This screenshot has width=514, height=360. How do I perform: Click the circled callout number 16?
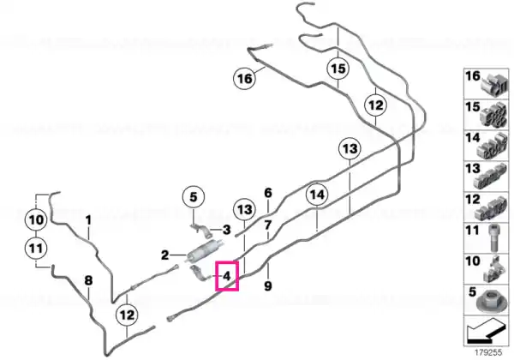pos(244,78)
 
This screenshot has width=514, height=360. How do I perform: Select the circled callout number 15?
pos(338,69)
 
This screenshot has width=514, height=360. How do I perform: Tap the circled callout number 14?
pos(317,195)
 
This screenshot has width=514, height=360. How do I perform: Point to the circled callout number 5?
pos(194,197)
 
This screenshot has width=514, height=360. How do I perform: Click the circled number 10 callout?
pos(36,219)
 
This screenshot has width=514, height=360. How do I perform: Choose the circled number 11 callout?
pos(36,249)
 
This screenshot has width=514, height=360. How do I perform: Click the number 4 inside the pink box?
pos(227,276)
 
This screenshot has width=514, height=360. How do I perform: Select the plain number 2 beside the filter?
pos(164,255)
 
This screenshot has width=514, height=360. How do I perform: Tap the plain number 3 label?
pos(226,230)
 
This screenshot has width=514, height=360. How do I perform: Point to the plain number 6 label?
pos(268,193)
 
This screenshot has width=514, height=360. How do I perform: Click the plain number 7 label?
pos(268,225)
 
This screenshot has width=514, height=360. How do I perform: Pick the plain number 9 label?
pos(268,286)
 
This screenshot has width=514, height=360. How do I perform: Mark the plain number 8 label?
pos(88,280)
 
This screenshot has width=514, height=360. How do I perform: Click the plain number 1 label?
pos(88,220)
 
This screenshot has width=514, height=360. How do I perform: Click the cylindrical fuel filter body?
pos(204,251)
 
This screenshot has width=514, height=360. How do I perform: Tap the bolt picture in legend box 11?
pos(493,238)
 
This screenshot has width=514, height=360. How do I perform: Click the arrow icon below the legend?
pos(486,332)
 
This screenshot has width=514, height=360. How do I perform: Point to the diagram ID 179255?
pos(488,353)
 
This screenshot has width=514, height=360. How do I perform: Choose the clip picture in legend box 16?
pos(494,85)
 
